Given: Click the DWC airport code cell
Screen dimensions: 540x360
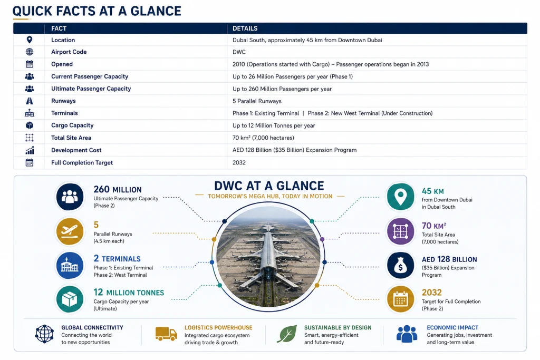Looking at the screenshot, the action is [x=239, y=52].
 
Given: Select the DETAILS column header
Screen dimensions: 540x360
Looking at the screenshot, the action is [x=245, y=28].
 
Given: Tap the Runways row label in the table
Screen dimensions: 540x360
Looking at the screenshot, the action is [x=63, y=101].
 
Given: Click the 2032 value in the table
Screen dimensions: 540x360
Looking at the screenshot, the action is [x=239, y=162].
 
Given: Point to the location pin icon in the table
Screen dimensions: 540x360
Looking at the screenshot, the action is [x=30, y=40].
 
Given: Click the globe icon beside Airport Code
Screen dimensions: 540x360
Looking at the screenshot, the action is [x=30, y=52].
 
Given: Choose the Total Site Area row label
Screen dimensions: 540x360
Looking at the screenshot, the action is [x=71, y=138].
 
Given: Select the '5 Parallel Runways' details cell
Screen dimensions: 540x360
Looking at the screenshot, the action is [x=257, y=101].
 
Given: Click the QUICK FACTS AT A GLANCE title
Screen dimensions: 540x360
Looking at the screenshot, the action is [x=97, y=11].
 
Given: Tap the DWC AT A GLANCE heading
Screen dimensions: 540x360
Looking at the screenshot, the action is [x=269, y=186].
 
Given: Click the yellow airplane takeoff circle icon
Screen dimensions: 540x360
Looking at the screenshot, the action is [x=70, y=231].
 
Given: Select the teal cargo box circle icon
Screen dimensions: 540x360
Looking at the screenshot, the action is [x=70, y=299].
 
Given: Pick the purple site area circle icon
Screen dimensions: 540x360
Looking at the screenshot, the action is [x=401, y=231].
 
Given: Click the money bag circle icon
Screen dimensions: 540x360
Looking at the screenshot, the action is [x=401, y=265].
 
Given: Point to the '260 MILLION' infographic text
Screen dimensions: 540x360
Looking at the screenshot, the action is [x=118, y=189].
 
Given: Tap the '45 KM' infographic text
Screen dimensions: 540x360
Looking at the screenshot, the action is [x=433, y=191].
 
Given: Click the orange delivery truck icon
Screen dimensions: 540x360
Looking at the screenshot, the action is [x=166, y=334].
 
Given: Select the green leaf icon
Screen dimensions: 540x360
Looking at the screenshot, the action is [x=287, y=334].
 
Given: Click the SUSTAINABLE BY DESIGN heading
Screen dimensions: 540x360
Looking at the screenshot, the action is [x=338, y=328].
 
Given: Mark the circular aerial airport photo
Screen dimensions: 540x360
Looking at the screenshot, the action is [x=268, y=256].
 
